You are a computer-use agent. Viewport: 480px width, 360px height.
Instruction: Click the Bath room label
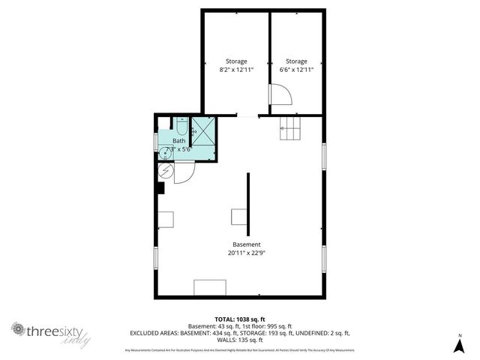point(179,140)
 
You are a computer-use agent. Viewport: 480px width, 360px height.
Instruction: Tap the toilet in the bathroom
point(181,127)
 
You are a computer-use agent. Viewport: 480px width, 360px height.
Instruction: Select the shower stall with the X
point(203,128)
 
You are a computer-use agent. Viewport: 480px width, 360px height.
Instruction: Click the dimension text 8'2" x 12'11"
point(236,69)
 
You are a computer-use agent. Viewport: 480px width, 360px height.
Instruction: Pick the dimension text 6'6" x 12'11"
point(296,69)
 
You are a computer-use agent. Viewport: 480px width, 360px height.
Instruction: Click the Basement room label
point(247,244)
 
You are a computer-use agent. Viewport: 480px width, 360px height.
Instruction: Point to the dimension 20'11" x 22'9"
point(247,253)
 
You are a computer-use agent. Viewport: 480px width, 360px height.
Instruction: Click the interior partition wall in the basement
point(249,202)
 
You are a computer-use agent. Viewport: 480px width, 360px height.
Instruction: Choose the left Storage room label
point(236,61)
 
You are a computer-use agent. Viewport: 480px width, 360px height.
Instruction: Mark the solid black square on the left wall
point(160,188)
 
